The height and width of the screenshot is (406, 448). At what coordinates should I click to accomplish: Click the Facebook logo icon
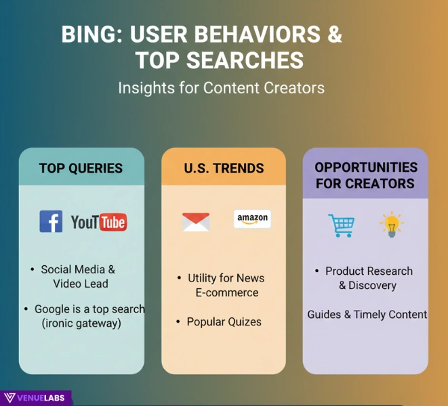tap(51, 221)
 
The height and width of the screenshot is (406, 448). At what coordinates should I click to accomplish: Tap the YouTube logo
tap(99, 221)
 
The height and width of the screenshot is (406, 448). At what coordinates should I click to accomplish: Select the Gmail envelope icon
tap(196, 222)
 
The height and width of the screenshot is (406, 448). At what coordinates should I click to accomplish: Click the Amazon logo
tap(252, 219)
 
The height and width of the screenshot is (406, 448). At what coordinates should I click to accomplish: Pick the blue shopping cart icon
tap(341, 225)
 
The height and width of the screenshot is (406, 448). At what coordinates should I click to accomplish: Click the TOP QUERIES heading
tap(81, 168)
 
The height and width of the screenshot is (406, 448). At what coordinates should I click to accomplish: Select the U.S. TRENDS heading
tap(224, 168)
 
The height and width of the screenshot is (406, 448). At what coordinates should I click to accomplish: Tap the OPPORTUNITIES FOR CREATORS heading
tap(365, 175)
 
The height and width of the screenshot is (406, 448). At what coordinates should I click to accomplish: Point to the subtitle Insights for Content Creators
tap(221, 88)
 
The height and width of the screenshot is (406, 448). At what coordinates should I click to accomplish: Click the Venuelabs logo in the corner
tap(35, 398)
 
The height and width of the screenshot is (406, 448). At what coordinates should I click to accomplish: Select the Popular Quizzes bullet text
tap(224, 321)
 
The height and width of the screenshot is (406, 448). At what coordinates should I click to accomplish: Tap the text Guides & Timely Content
tap(367, 315)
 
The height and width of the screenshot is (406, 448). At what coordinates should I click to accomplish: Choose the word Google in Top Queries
tap(52, 309)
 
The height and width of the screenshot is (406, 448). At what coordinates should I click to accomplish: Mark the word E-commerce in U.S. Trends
tap(226, 292)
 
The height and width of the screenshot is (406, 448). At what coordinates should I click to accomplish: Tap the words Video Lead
tap(81, 284)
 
